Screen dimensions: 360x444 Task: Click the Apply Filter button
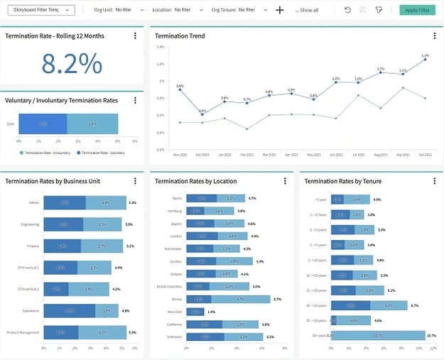point(417,10)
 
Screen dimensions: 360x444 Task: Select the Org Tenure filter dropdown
point(238,10)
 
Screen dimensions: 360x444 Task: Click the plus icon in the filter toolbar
point(280,10)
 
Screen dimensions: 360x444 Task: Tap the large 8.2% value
point(72,63)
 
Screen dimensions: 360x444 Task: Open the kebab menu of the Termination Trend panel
point(434,36)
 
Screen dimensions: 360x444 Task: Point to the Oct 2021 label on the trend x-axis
point(425,154)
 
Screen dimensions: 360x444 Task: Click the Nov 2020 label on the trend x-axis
point(180,154)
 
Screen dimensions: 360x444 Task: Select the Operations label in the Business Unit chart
point(31,311)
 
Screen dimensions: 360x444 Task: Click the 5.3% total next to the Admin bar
point(132,203)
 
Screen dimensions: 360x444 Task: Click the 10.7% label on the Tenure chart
point(431,335)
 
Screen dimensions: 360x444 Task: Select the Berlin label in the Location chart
point(178,198)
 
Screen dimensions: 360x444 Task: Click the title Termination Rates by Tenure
point(342,181)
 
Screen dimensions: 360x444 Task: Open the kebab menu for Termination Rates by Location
point(285,181)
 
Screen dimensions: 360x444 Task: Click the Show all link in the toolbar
point(308,11)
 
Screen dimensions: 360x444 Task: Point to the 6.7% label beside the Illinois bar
point(277,300)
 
